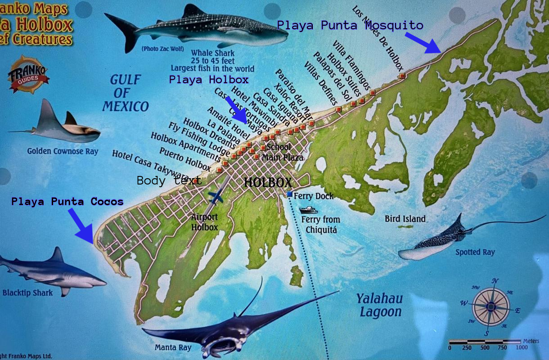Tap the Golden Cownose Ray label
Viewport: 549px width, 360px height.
(x=63, y=151)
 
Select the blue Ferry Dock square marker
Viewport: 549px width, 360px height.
(x=289, y=194)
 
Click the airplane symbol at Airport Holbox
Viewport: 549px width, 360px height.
(x=216, y=197)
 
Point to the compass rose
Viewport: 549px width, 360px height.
(x=491, y=307)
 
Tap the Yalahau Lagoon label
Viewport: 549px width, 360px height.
(x=379, y=305)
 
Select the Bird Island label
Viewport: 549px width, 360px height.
(x=405, y=219)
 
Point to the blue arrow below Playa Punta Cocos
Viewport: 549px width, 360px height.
(x=83, y=226)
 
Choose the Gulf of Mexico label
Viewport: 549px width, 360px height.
(x=125, y=93)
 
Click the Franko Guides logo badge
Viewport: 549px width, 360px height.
(x=29, y=75)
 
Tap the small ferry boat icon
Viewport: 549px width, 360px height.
(x=308, y=210)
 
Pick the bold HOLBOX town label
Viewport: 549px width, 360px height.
(x=268, y=182)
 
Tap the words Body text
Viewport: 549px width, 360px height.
(x=169, y=180)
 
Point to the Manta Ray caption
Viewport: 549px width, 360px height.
(x=173, y=347)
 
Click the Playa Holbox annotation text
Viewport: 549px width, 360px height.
(x=209, y=80)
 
